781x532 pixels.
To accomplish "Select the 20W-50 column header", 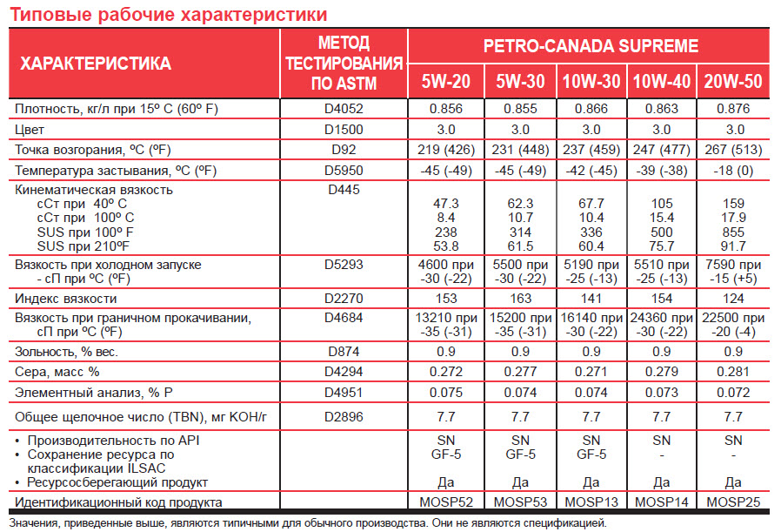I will pos(733,82).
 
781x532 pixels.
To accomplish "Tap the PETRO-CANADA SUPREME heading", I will pos(590,46).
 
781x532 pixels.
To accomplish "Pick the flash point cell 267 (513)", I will pos(732,150).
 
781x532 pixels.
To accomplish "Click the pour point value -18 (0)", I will pos(732,170).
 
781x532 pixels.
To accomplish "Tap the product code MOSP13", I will pos(591,502).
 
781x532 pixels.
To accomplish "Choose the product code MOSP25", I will pos(732,502).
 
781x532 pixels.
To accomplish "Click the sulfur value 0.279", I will pos(662,372).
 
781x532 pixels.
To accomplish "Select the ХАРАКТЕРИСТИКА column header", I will pos(96,64).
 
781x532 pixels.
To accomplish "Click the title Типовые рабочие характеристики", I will pos(168,15).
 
